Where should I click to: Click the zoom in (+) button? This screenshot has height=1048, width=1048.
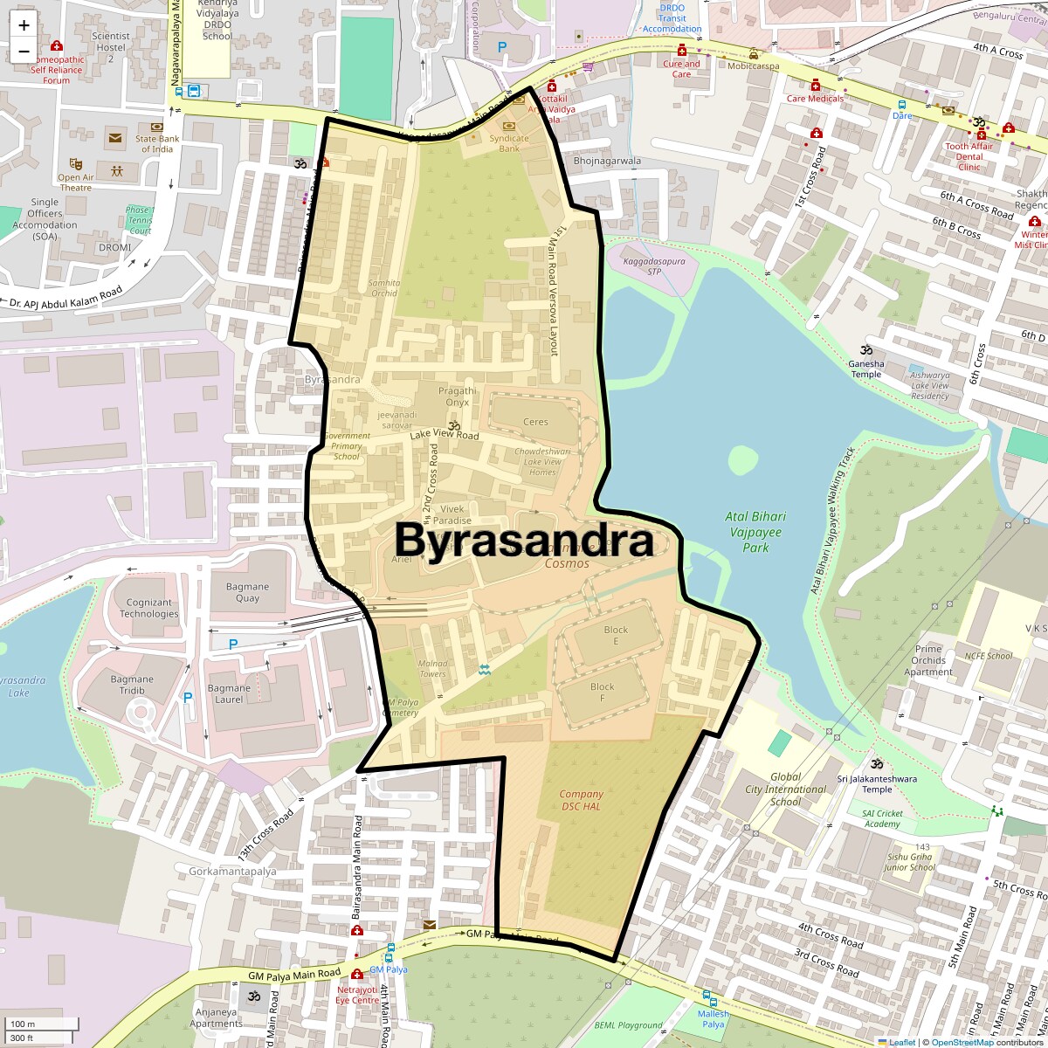tap(24, 25)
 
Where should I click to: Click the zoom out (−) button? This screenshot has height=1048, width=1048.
tap(24, 51)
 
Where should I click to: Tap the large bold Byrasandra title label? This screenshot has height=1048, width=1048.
tap(524, 541)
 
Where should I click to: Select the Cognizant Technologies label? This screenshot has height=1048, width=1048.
tap(149, 608)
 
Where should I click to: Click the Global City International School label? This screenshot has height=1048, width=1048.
tap(785, 789)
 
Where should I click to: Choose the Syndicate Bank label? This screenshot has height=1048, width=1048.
tap(509, 143)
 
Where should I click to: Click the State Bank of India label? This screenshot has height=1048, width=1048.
tap(157, 143)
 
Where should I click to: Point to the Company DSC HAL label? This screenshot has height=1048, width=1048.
tap(581, 800)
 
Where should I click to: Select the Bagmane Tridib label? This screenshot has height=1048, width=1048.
tap(132, 685)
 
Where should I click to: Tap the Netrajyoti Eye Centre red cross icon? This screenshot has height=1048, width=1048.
tap(356, 974)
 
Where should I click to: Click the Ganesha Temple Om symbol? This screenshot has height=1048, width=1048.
tap(866, 349)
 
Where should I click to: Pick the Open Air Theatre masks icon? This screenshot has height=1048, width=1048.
tap(76, 163)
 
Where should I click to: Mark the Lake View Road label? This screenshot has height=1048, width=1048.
tap(445, 435)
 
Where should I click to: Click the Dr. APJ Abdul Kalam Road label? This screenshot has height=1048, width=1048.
tap(66, 298)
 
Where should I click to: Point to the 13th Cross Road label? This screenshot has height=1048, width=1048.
tap(265, 834)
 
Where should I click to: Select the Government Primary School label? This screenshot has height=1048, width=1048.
tap(347, 446)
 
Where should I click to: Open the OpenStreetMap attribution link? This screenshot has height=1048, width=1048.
tap(962, 1042)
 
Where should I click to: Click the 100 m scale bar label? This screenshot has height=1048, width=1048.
tap(24, 1024)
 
